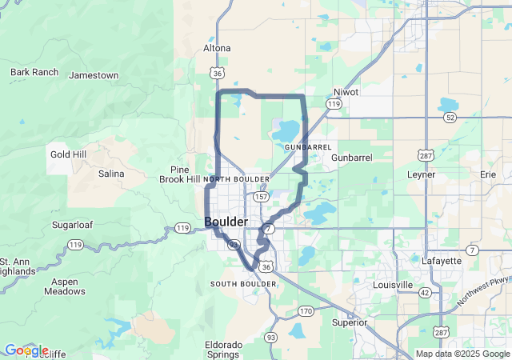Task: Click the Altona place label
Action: [x=217, y=48]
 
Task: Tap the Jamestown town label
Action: [x=94, y=75]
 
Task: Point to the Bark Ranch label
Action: [x=34, y=72]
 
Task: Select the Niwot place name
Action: [x=346, y=92]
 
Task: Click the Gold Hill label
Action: [x=68, y=154]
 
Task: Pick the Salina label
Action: [x=111, y=174]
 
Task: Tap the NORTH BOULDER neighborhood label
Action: [x=236, y=179]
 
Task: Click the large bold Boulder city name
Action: [x=226, y=221]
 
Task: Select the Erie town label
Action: [x=488, y=174]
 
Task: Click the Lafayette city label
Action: [x=441, y=261]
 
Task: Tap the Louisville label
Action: [x=393, y=285]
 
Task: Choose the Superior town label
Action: [x=350, y=322]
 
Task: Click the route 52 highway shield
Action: [x=450, y=117]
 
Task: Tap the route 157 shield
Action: [x=261, y=196]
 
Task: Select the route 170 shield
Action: [x=305, y=310]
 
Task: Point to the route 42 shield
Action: [x=425, y=293]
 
